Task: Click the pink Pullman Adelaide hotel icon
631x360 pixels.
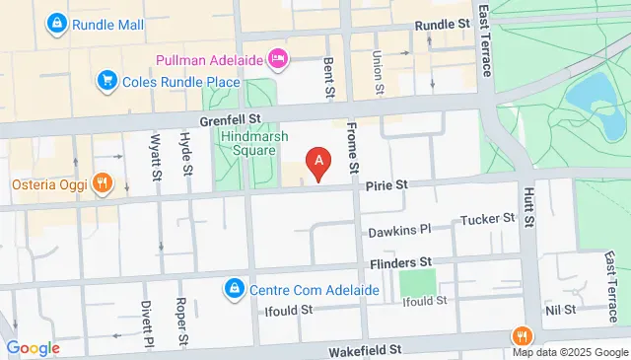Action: (279, 60)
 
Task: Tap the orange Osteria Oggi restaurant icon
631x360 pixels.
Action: (102, 183)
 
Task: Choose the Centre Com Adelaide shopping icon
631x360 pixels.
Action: (235, 290)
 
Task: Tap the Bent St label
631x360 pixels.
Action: (328, 77)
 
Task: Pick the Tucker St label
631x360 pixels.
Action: (488, 218)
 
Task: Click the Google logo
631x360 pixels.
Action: (33, 348)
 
